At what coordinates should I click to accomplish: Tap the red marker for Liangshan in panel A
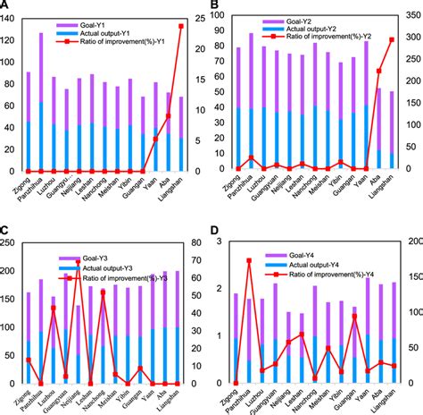(182, 26)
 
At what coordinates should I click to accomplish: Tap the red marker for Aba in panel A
(169, 116)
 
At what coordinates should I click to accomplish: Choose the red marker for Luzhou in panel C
(54, 308)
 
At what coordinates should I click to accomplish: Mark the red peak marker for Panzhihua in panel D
(249, 261)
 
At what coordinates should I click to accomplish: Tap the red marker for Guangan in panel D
(354, 316)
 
